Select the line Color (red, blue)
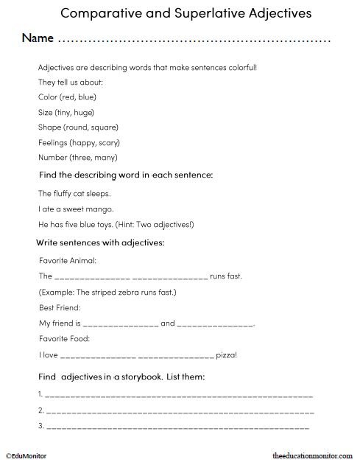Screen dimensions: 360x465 point(67,97)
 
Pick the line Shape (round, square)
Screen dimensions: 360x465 point(79,127)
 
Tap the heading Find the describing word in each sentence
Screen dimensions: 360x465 point(125,175)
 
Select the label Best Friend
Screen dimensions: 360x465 point(60,307)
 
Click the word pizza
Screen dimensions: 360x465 point(226,354)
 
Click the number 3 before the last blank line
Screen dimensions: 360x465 point(40,426)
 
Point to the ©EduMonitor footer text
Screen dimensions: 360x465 point(27,457)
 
